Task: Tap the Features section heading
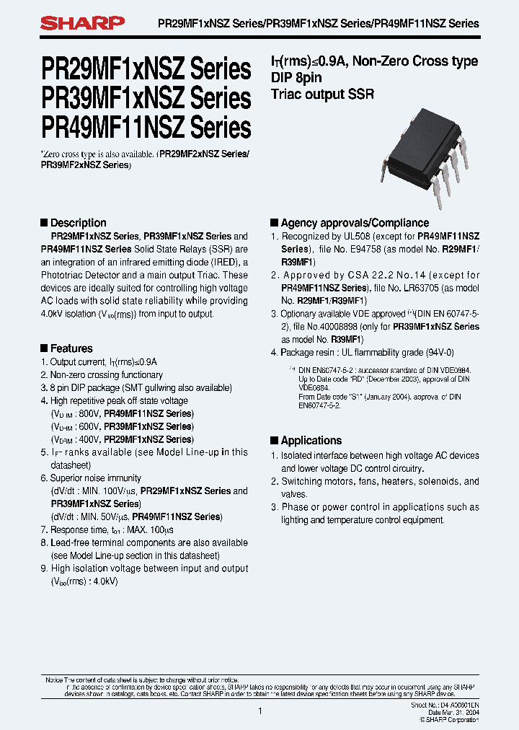coord(71,348)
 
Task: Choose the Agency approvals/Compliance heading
coord(354,223)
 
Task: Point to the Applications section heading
coord(311,440)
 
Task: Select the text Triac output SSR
coord(322,94)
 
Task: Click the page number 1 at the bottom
coord(259,711)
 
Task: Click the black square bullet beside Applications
coord(274,440)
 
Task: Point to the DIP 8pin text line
coord(296,78)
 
